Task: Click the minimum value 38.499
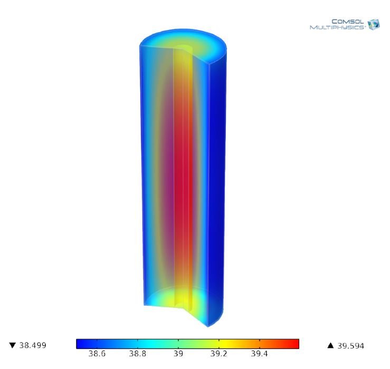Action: pos(33,346)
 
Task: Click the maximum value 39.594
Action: pos(350,346)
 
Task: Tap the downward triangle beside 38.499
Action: pos(12,346)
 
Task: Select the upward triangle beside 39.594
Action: pos(330,346)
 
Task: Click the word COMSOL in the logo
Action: pos(348,22)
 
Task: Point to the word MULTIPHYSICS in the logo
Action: pos(337,27)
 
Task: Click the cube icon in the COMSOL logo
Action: pos(374,24)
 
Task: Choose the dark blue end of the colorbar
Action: pos(81,344)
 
